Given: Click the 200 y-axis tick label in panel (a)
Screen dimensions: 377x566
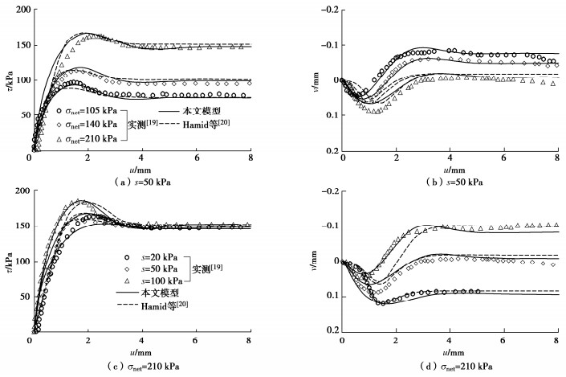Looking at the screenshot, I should tap(15, 10).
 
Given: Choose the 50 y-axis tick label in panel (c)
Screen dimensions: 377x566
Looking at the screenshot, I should tap(18, 297).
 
